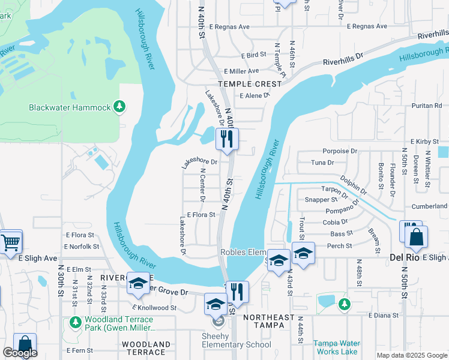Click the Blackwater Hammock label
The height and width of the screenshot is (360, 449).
coord(70,107)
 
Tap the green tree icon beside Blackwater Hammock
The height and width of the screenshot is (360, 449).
coord(120,106)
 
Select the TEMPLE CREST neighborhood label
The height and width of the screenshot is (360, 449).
coord(250,84)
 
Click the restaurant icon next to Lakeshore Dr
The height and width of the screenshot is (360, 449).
coord(227,139)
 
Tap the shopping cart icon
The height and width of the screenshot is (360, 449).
coord(10,243)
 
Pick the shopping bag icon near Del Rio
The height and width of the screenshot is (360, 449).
coord(416,237)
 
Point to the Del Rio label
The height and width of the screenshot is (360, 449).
coord(403,257)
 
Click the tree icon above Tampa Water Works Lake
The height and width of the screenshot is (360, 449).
coord(344,305)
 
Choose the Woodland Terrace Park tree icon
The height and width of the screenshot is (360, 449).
coord(75,322)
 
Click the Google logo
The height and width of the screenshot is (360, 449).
coord(20,353)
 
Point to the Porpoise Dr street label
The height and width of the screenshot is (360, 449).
coord(340,151)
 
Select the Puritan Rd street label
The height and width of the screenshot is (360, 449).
coord(427,106)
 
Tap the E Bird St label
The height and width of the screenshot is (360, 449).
coord(253,55)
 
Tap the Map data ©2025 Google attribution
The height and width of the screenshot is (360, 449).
coord(412,355)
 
